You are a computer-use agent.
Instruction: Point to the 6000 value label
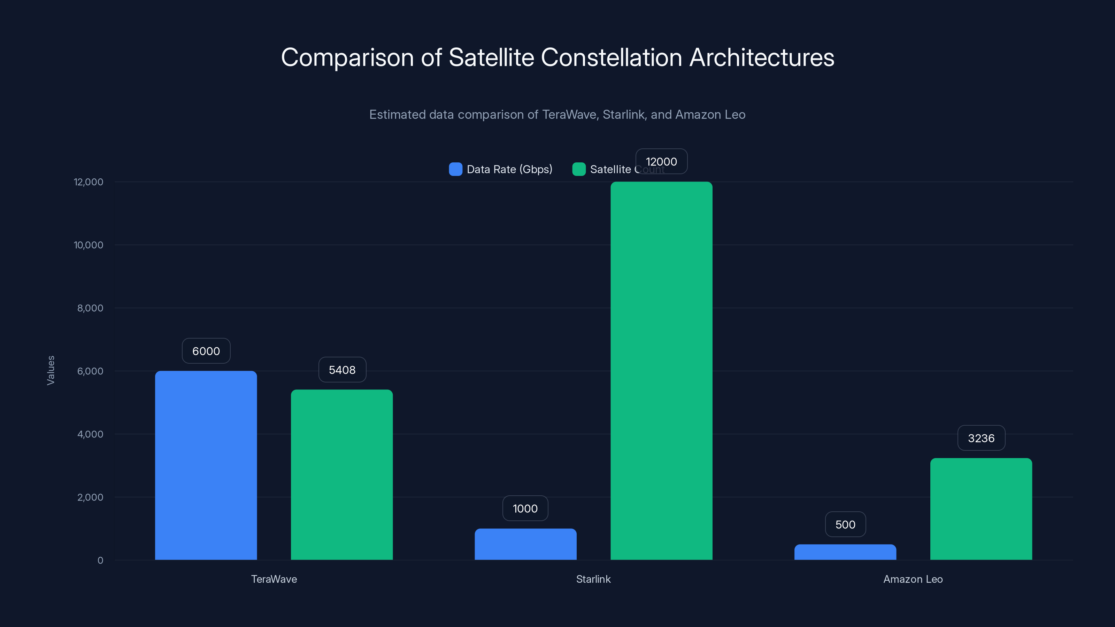coord(206,351)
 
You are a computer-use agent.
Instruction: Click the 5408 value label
coord(342,370)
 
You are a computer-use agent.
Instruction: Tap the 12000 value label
coord(661,161)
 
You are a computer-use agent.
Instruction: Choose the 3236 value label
coord(981,438)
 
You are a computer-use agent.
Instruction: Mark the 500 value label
coord(845,525)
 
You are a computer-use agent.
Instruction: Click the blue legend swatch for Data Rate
coord(455,169)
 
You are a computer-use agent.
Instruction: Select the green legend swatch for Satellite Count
coord(579,169)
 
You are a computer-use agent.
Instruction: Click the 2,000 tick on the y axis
coord(90,497)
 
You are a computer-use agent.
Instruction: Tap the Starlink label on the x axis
coord(593,579)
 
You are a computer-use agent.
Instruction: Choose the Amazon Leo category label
coord(913,579)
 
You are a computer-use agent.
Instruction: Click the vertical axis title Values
coord(51,370)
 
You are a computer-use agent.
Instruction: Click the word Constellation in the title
coord(611,57)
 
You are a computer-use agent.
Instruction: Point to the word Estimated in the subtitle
coord(397,115)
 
